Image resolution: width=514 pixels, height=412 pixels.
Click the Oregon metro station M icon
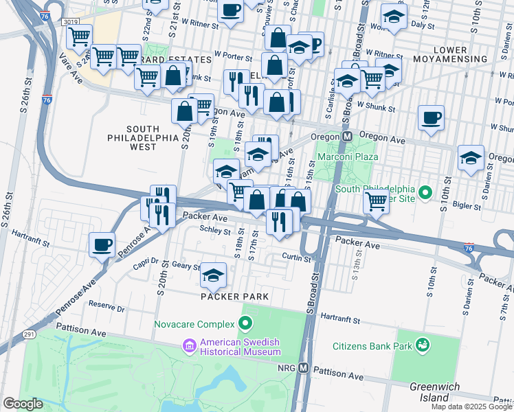[348, 137]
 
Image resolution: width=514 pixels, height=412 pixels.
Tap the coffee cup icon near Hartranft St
[102, 244]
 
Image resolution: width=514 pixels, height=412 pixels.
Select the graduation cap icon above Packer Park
[213, 275]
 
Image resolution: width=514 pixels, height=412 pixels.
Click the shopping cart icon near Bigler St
[376, 202]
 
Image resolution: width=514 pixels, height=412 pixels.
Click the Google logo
[23, 404]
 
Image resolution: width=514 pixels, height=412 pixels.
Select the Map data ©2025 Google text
[471, 407]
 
